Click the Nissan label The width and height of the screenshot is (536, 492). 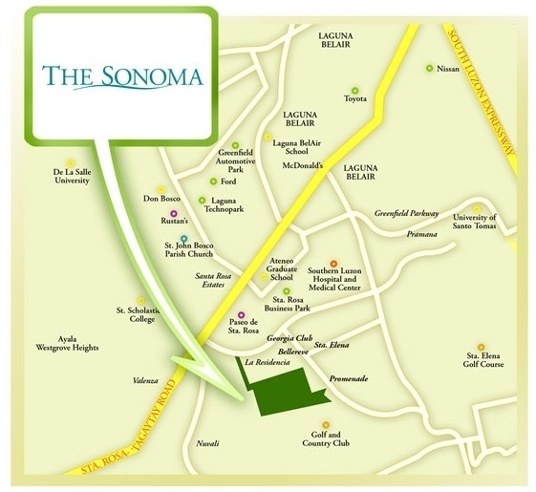pyautogui.click(x=447, y=69)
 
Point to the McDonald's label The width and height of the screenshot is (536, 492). pyautogui.click(x=307, y=163)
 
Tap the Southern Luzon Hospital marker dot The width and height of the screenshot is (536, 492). pyautogui.click(x=333, y=263)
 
